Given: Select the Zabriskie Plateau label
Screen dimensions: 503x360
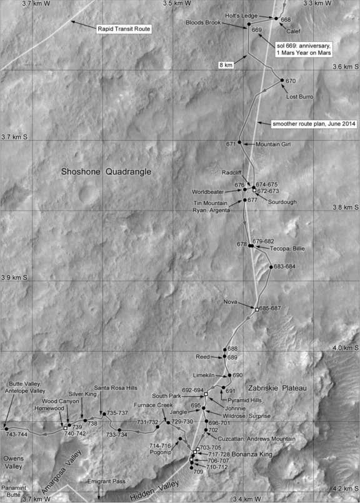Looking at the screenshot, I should click(276, 388).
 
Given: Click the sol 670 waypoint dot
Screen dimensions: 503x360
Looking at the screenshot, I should click(282, 81).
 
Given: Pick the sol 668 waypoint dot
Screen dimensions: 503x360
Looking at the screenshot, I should click(275, 19).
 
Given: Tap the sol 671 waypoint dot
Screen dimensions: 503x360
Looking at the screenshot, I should click(240, 144).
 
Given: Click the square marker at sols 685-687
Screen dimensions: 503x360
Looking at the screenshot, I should click(256, 309).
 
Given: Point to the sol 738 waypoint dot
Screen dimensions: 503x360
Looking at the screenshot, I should click(85, 421).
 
